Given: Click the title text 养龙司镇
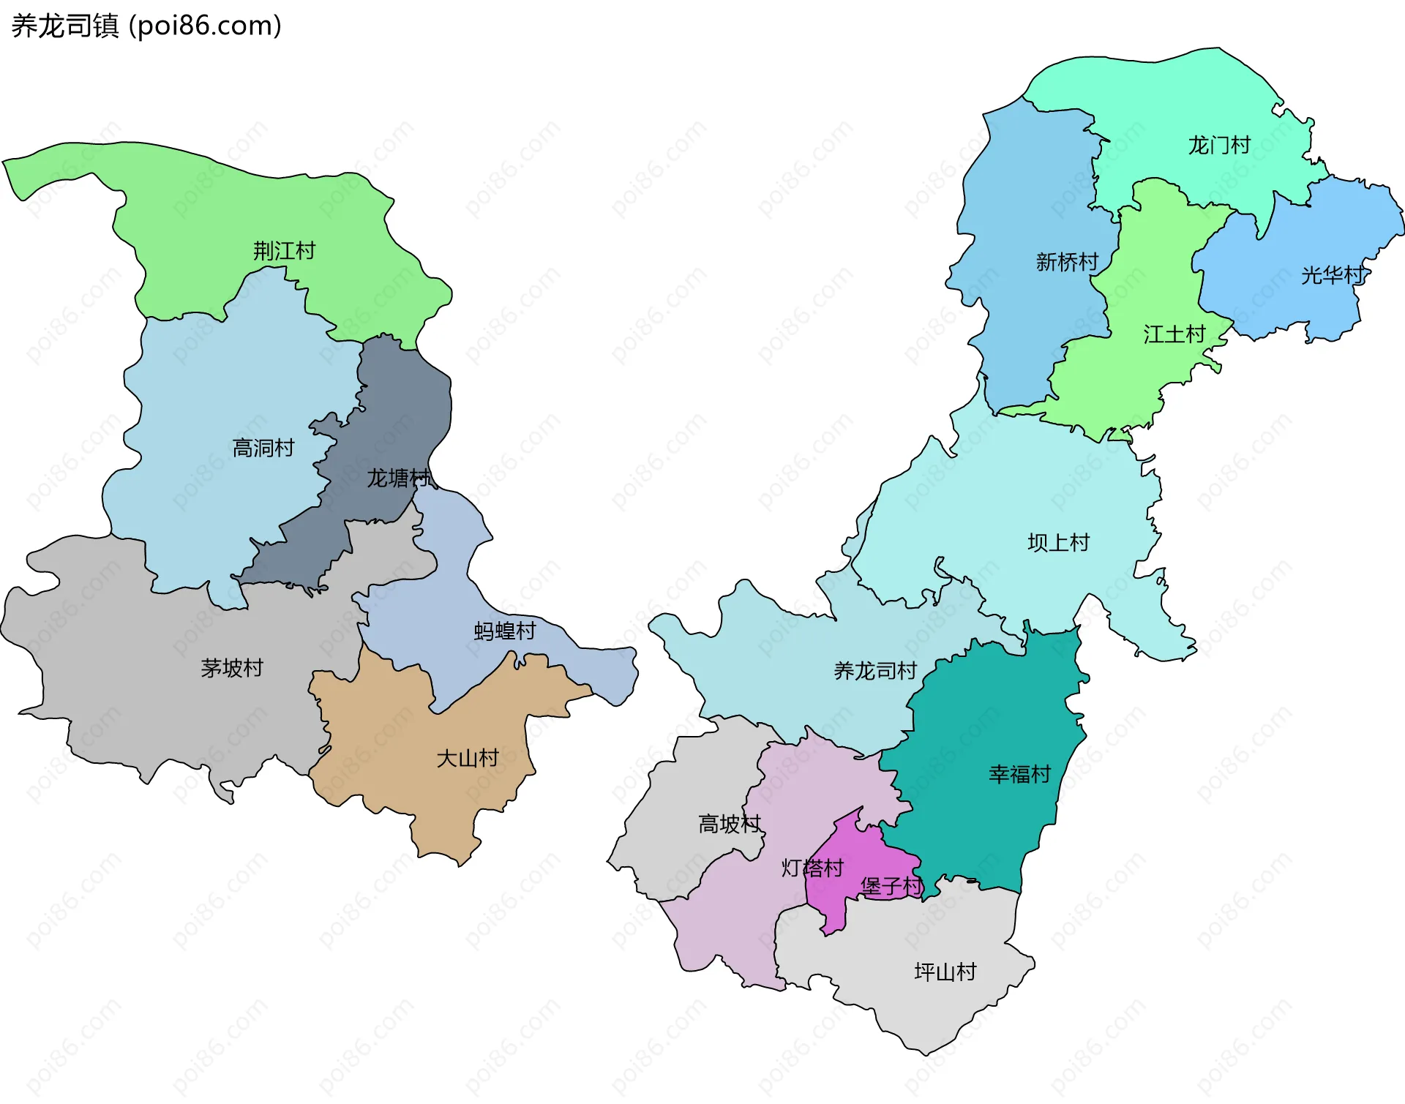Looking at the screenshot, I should point(64,26).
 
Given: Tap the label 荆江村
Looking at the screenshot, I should point(284,251).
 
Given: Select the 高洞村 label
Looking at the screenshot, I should point(263,448).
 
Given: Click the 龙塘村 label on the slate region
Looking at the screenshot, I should point(398,478).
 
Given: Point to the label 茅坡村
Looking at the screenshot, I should point(231,668).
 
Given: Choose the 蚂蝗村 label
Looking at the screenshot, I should point(505,631).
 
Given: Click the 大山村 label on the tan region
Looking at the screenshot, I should point(467,758).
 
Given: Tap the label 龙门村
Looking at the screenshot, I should point(1219,145).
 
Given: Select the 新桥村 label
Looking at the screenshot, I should point(1067,262).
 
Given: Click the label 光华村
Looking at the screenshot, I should point(1332,275).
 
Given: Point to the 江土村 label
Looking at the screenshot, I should point(1174,334).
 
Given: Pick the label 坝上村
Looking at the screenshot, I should point(1058,542).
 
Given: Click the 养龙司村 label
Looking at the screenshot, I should point(874,670).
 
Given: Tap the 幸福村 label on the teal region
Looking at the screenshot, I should point(1019,773).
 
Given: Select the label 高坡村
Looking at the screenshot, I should point(730,824).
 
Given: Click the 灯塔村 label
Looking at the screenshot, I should point(812,868).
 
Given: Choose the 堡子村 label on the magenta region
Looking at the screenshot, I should point(891,886).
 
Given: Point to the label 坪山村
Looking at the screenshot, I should point(945,972).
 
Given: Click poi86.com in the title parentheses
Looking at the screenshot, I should point(205,26).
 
